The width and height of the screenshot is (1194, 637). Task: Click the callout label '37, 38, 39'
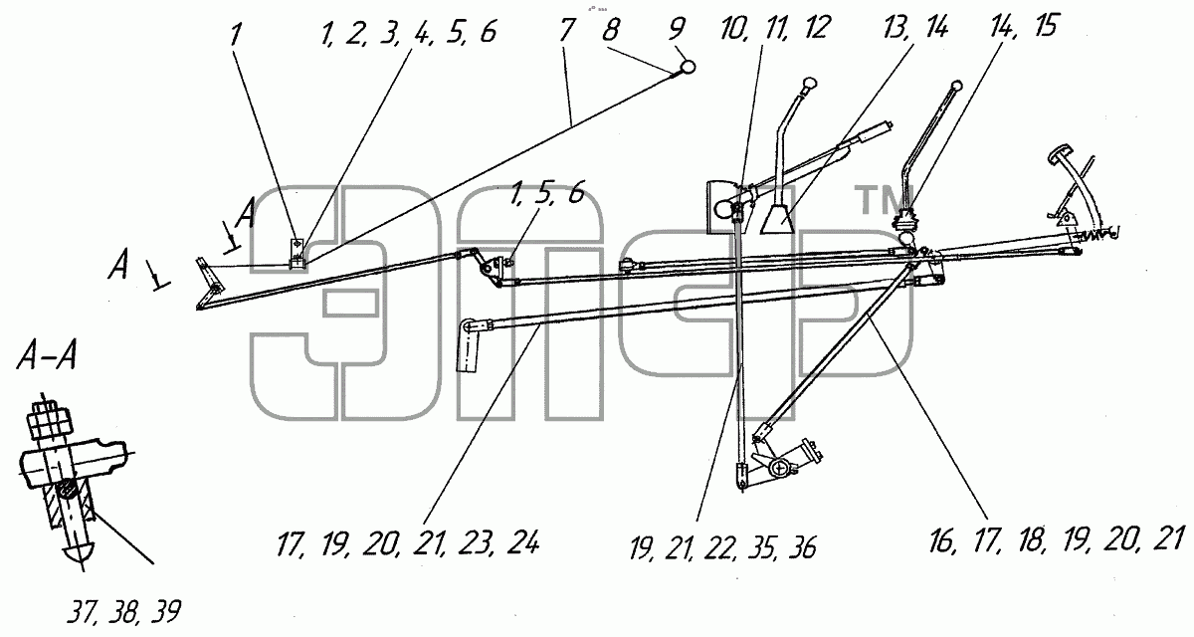(123, 611)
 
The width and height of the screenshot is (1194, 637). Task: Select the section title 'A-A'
(47, 354)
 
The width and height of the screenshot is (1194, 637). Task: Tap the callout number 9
(676, 28)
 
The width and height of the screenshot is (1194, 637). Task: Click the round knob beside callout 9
(689, 67)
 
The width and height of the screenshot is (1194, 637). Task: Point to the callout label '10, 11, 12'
(774, 28)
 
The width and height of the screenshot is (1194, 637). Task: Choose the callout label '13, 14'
(915, 27)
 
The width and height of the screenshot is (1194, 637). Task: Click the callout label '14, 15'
(1025, 26)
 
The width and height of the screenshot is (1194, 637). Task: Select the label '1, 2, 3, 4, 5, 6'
(409, 32)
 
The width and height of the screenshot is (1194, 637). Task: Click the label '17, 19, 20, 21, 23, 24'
(407, 543)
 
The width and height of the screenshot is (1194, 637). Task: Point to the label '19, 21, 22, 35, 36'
(722, 548)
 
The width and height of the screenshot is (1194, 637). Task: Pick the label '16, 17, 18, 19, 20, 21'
(1057, 539)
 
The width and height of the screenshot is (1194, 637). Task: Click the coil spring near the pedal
(1091, 236)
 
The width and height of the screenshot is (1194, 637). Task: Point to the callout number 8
(610, 29)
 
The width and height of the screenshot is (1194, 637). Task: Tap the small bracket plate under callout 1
(298, 254)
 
